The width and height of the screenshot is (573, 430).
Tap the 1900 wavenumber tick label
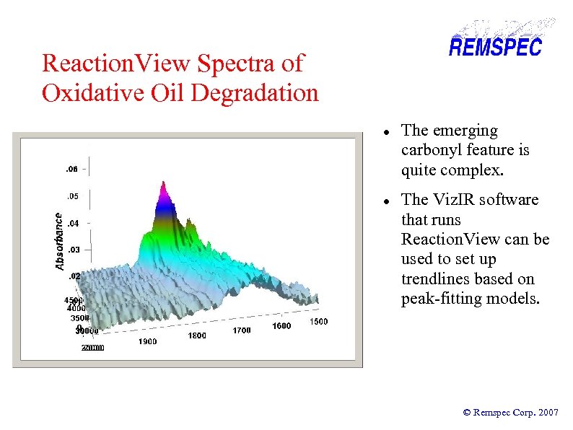pyautogui.click(x=148, y=342)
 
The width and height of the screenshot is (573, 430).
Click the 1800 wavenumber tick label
pyautogui.click(x=197, y=335)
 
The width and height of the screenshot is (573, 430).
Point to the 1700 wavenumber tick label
pyautogui.click(x=242, y=330)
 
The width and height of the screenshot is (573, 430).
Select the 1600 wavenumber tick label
pyautogui.click(x=281, y=326)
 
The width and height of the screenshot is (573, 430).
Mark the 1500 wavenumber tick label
pyautogui.click(x=319, y=321)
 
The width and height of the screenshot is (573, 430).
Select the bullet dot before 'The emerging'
pyautogui.click(x=387, y=132)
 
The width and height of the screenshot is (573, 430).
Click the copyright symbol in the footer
pyautogui.click(x=466, y=413)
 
